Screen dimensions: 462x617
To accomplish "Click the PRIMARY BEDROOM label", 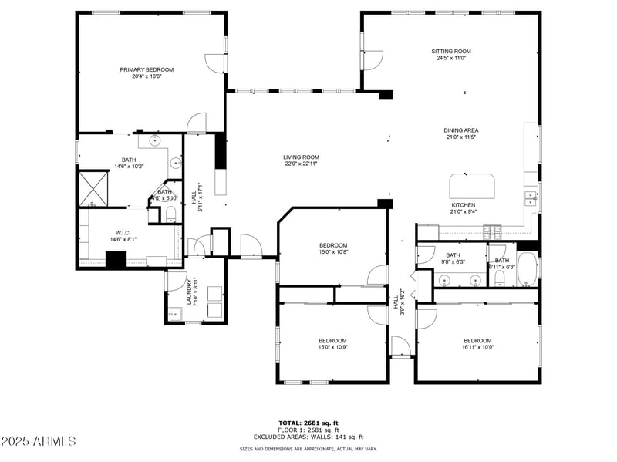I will point(147,69).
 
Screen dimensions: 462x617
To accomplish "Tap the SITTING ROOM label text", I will point(451,51).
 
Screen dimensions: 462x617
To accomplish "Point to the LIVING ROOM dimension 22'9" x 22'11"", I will point(301,164).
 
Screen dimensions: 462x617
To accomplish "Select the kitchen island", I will point(472,186).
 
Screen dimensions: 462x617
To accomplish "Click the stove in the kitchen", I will point(492,230).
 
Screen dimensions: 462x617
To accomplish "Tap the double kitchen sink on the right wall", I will point(531,198).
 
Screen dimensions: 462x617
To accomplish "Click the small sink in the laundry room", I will point(175,312).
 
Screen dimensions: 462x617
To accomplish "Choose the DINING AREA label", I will point(460,130).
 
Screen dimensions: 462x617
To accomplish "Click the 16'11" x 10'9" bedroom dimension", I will point(477,347).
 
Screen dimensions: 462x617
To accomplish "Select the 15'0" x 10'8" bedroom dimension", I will point(334,252).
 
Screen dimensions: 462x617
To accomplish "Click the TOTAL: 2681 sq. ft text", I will point(308,423).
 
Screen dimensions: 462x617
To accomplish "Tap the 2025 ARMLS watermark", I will point(39,442).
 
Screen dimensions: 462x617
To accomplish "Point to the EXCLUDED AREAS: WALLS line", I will point(308,436).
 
